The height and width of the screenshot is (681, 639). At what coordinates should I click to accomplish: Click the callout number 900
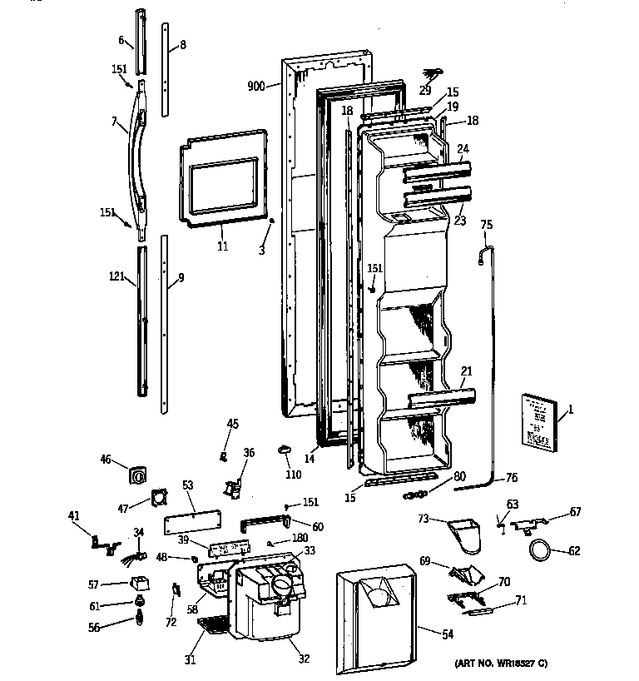point(255,85)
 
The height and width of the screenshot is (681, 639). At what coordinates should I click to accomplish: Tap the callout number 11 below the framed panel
point(222,247)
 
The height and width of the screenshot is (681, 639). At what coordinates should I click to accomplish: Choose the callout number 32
point(303,659)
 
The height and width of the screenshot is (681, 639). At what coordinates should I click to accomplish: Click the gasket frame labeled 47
point(156,499)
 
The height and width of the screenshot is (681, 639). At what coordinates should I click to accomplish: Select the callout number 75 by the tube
point(487,224)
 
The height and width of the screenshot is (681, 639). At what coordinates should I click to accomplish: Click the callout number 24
point(463,150)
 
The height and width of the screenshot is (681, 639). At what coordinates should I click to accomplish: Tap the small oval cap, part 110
point(285,450)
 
